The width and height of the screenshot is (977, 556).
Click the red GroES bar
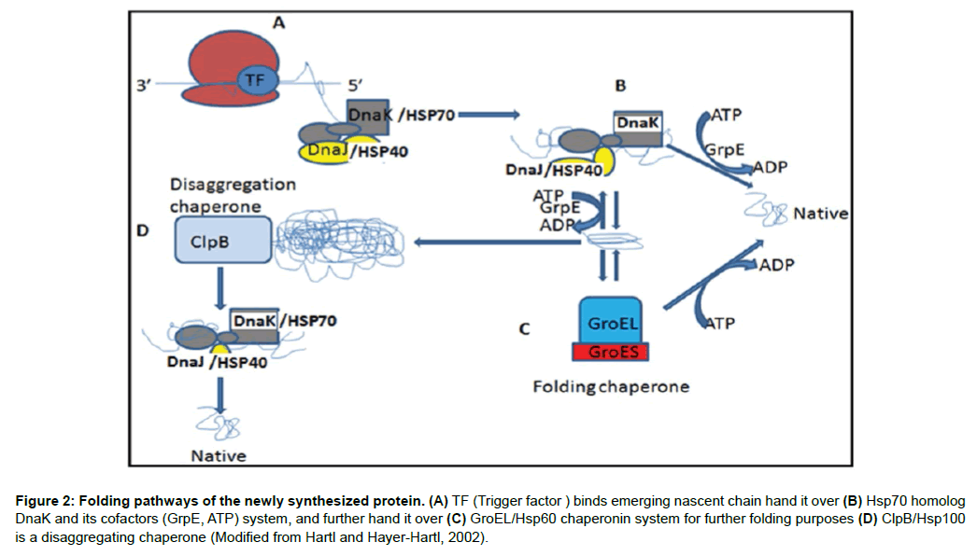pyautogui.click(x=612, y=352)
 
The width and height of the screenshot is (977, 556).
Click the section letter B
pyautogui.click(x=619, y=86)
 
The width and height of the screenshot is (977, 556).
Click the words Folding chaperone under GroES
pyautogui.click(x=611, y=385)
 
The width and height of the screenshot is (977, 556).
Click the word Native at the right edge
pyautogui.click(x=820, y=214)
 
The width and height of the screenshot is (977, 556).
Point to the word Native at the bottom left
pyautogui.click(x=219, y=455)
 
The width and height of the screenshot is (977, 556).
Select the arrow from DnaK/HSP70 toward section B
pyautogui.click(x=487, y=115)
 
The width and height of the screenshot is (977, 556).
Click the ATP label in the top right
pyautogui.click(x=726, y=116)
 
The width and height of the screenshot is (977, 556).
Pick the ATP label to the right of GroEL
pyautogui.click(x=719, y=324)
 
